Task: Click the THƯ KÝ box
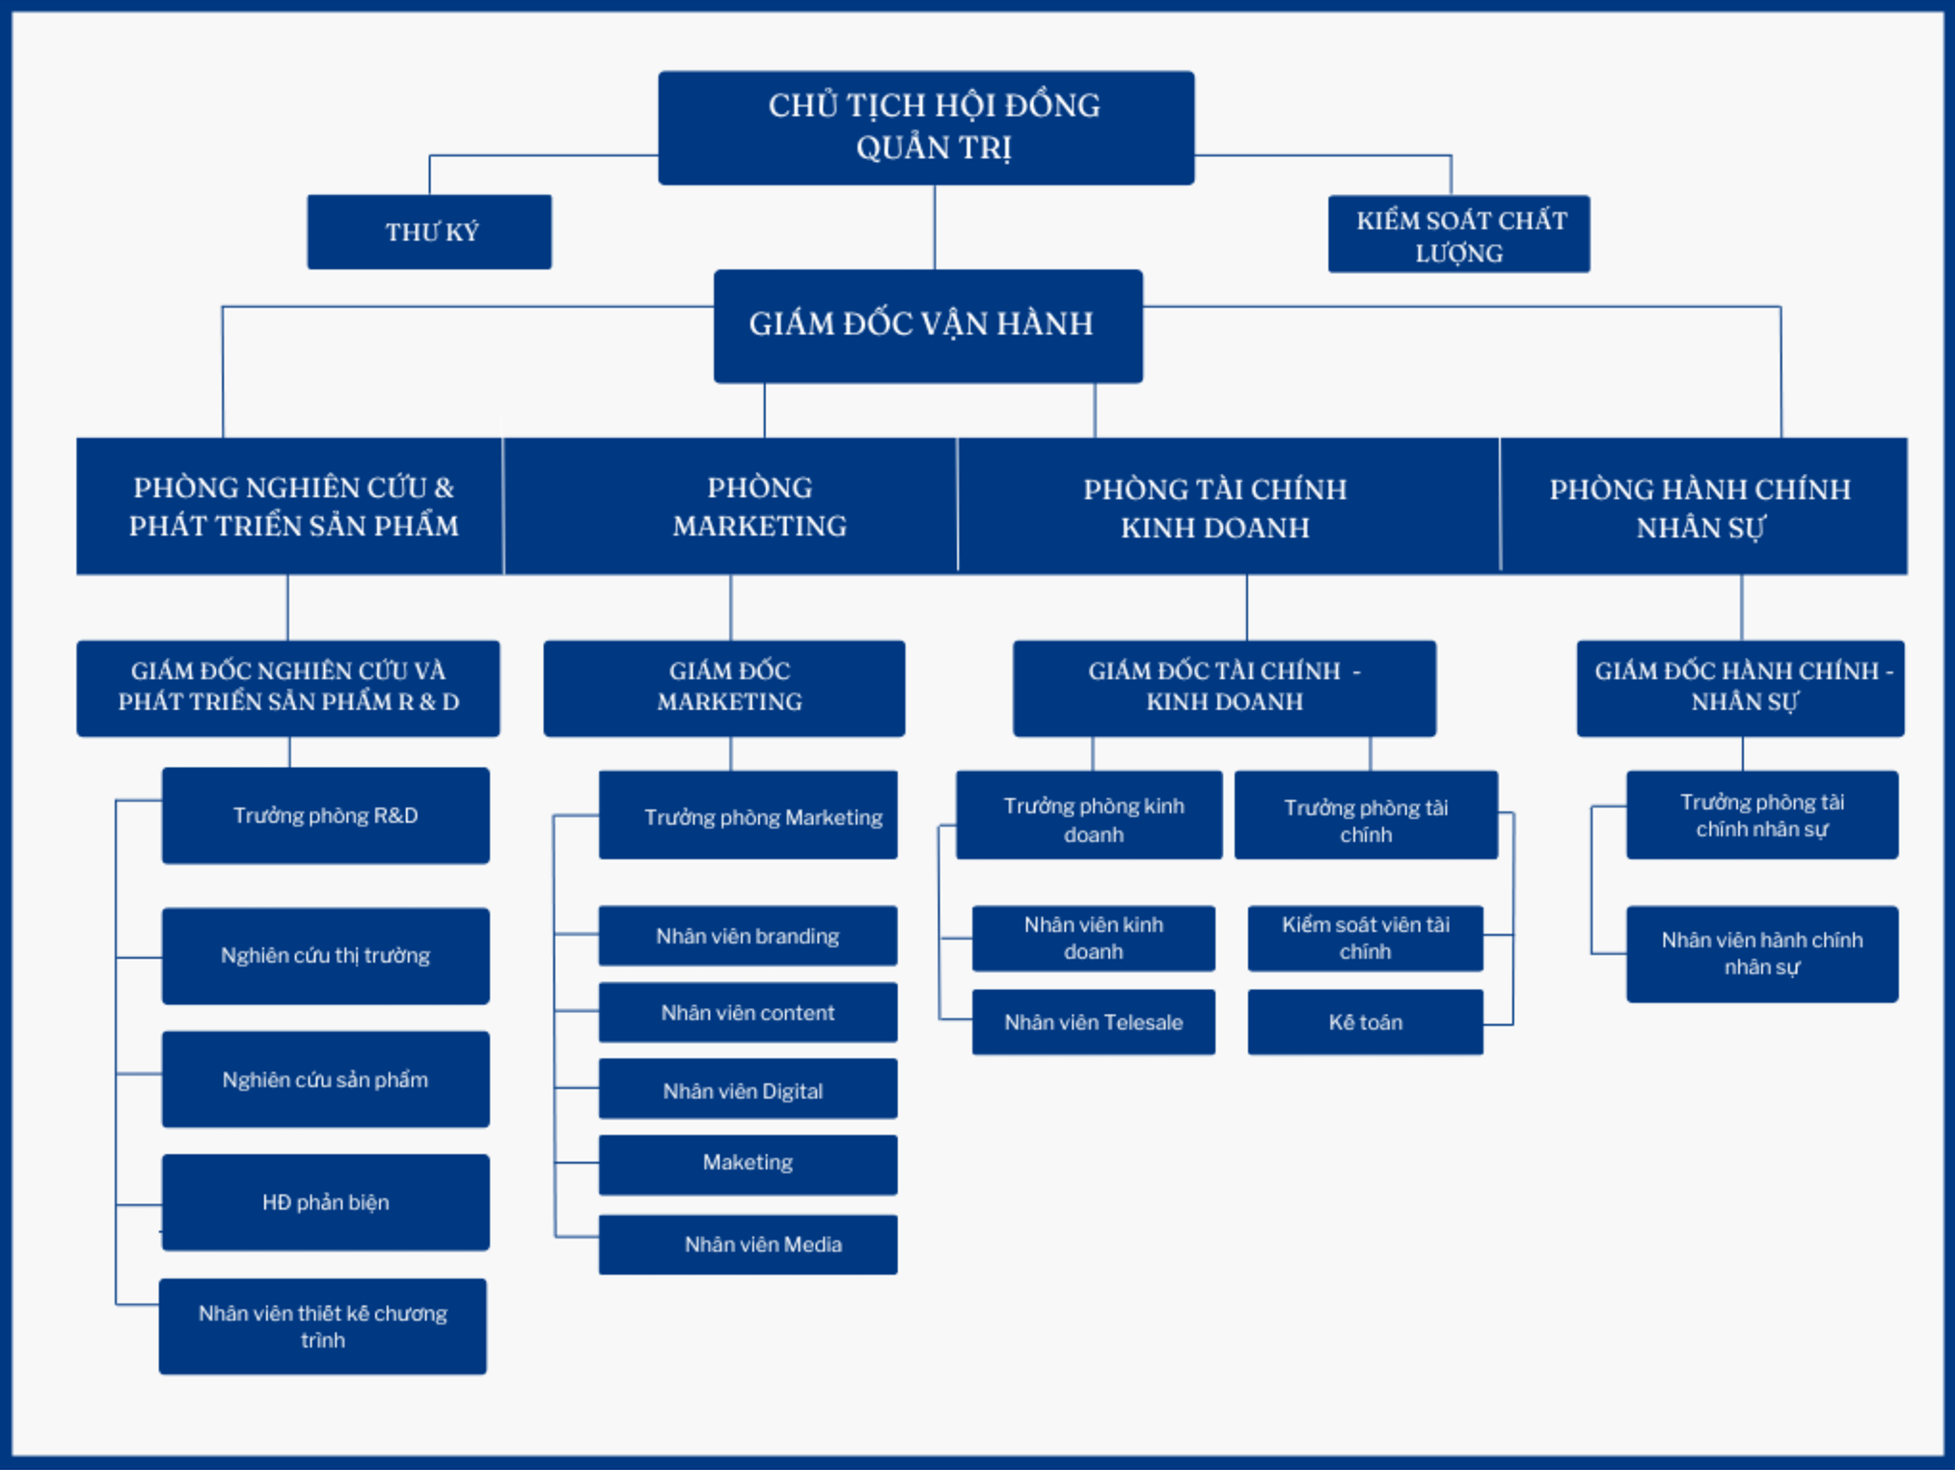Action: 430,232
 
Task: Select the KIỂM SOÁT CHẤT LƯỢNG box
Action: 1459,234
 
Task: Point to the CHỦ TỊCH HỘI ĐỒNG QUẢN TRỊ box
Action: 926,128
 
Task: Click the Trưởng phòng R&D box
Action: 325,815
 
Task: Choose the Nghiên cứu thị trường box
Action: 325,956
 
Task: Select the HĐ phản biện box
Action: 325,1202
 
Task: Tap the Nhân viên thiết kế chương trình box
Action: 322,1326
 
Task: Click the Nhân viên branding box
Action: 748,936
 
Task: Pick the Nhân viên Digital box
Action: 748,1089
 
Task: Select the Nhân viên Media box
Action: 748,1244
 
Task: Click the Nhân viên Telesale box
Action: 1094,1022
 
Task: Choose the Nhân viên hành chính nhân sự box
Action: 1761,954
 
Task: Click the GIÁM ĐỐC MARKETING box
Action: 724,688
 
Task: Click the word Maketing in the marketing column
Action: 748,1163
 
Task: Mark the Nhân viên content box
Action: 748,1012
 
